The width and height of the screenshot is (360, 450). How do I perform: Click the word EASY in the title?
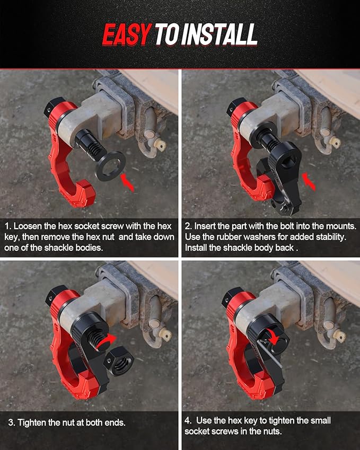click(x=126, y=36)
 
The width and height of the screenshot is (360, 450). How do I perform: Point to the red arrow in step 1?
click(x=128, y=183)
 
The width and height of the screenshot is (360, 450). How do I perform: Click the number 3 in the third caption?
click(x=11, y=422)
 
